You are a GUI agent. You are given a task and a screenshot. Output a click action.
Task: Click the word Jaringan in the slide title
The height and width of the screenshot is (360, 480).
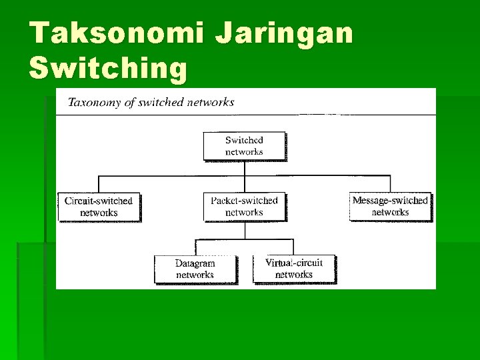tap(283, 33)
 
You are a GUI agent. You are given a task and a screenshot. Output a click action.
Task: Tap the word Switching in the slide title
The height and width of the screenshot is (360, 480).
tap(109, 68)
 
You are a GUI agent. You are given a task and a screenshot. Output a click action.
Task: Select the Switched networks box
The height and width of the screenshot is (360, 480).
tap(244, 146)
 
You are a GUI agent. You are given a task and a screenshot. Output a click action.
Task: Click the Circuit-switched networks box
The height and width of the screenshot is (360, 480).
tap(99, 207)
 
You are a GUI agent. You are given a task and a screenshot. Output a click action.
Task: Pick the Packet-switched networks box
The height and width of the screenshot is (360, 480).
tap(244, 207)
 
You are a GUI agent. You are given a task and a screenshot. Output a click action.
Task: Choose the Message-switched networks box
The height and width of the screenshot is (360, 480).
tap(390, 207)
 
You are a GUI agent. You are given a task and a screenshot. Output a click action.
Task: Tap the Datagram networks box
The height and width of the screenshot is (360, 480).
tap(195, 269)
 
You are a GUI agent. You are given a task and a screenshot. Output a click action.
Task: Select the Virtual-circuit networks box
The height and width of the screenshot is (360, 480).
tap(293, 269)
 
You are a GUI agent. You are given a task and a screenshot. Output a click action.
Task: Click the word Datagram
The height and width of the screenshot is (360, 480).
tap(195, 263)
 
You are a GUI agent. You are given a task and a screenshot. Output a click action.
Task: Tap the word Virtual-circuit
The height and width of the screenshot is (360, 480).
tap(293, 263)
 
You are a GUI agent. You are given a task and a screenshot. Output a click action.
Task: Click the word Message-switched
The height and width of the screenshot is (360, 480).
tap(390, 201)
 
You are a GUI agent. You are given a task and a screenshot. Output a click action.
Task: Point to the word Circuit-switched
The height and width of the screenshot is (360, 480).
tap(99, 201)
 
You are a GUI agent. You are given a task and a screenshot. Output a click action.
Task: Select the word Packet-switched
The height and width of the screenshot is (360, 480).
tap(244, 201)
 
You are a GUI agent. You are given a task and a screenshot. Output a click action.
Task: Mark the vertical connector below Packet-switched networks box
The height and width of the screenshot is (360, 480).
tap(244, 229)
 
